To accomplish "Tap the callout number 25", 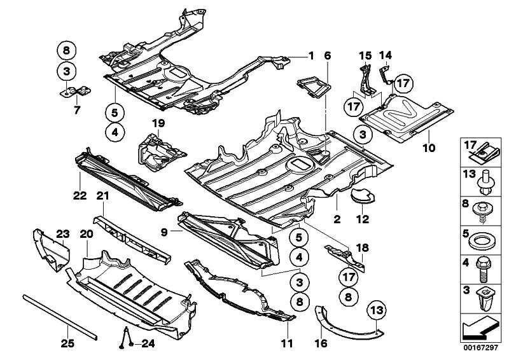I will pyautogui.click(x=67, y=344).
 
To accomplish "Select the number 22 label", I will pyautogui.click(x=80, y=195).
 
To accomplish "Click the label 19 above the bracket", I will pyautogui.click(x=158, y=122).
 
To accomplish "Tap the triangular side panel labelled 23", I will pyautogui.click(x=50, y=249).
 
